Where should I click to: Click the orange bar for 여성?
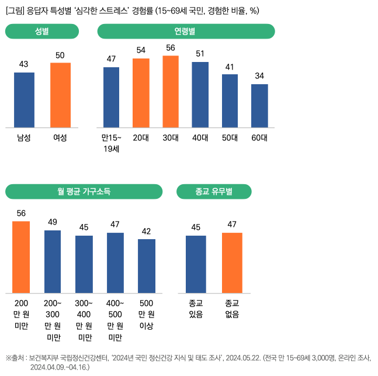[60, 95]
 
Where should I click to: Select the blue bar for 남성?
[24, 100]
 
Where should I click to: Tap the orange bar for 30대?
[171, 91]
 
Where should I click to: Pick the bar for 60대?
[259, 106]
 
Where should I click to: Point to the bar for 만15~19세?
[111, 97]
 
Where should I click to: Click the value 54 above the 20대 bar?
[141, 50]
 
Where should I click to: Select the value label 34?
[259, 76]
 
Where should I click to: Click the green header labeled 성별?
[42, 31]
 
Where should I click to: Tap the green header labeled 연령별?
[185, 31]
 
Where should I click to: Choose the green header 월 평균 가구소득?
[84, 191]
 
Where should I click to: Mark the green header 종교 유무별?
[214, 191]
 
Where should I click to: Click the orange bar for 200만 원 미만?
[21, 257]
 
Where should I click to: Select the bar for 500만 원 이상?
[147, 266]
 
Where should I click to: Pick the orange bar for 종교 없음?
[232, 263]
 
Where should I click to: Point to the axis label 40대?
[200, 138]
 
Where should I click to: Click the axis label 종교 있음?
[196, 309]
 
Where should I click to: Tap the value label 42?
[147, 231]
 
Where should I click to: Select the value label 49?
[53, 222]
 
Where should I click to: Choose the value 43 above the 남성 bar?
[24, 64]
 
